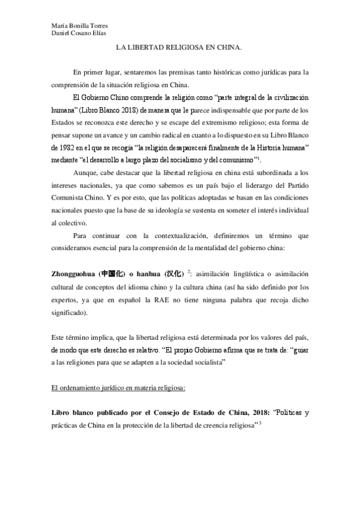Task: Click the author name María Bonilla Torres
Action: (x=76, y=25)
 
